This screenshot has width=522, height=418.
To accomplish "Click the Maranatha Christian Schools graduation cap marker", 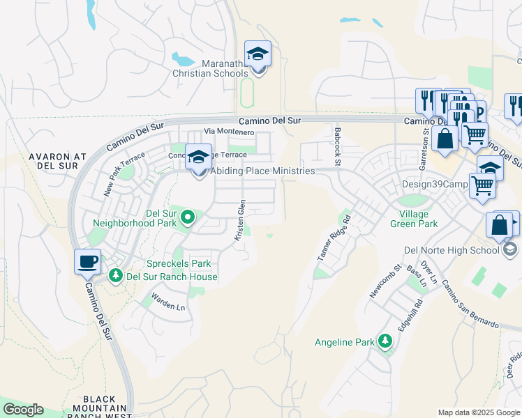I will tap(258, 54).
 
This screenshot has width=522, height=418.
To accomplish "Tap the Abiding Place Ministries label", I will tap(262, 171).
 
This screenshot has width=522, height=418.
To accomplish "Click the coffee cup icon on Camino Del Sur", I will tap(87, 262).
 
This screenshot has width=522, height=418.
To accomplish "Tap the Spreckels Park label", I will tap(177, 263).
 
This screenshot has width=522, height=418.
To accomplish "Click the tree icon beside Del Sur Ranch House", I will tap(115, 277).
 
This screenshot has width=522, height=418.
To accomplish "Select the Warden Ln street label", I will tap(169, 304).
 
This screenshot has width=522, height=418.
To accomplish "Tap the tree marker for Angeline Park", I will tap(385, 341).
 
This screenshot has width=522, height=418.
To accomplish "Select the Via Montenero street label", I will tap(228, 132).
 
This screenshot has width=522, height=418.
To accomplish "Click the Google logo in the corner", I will tap(22, 410).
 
